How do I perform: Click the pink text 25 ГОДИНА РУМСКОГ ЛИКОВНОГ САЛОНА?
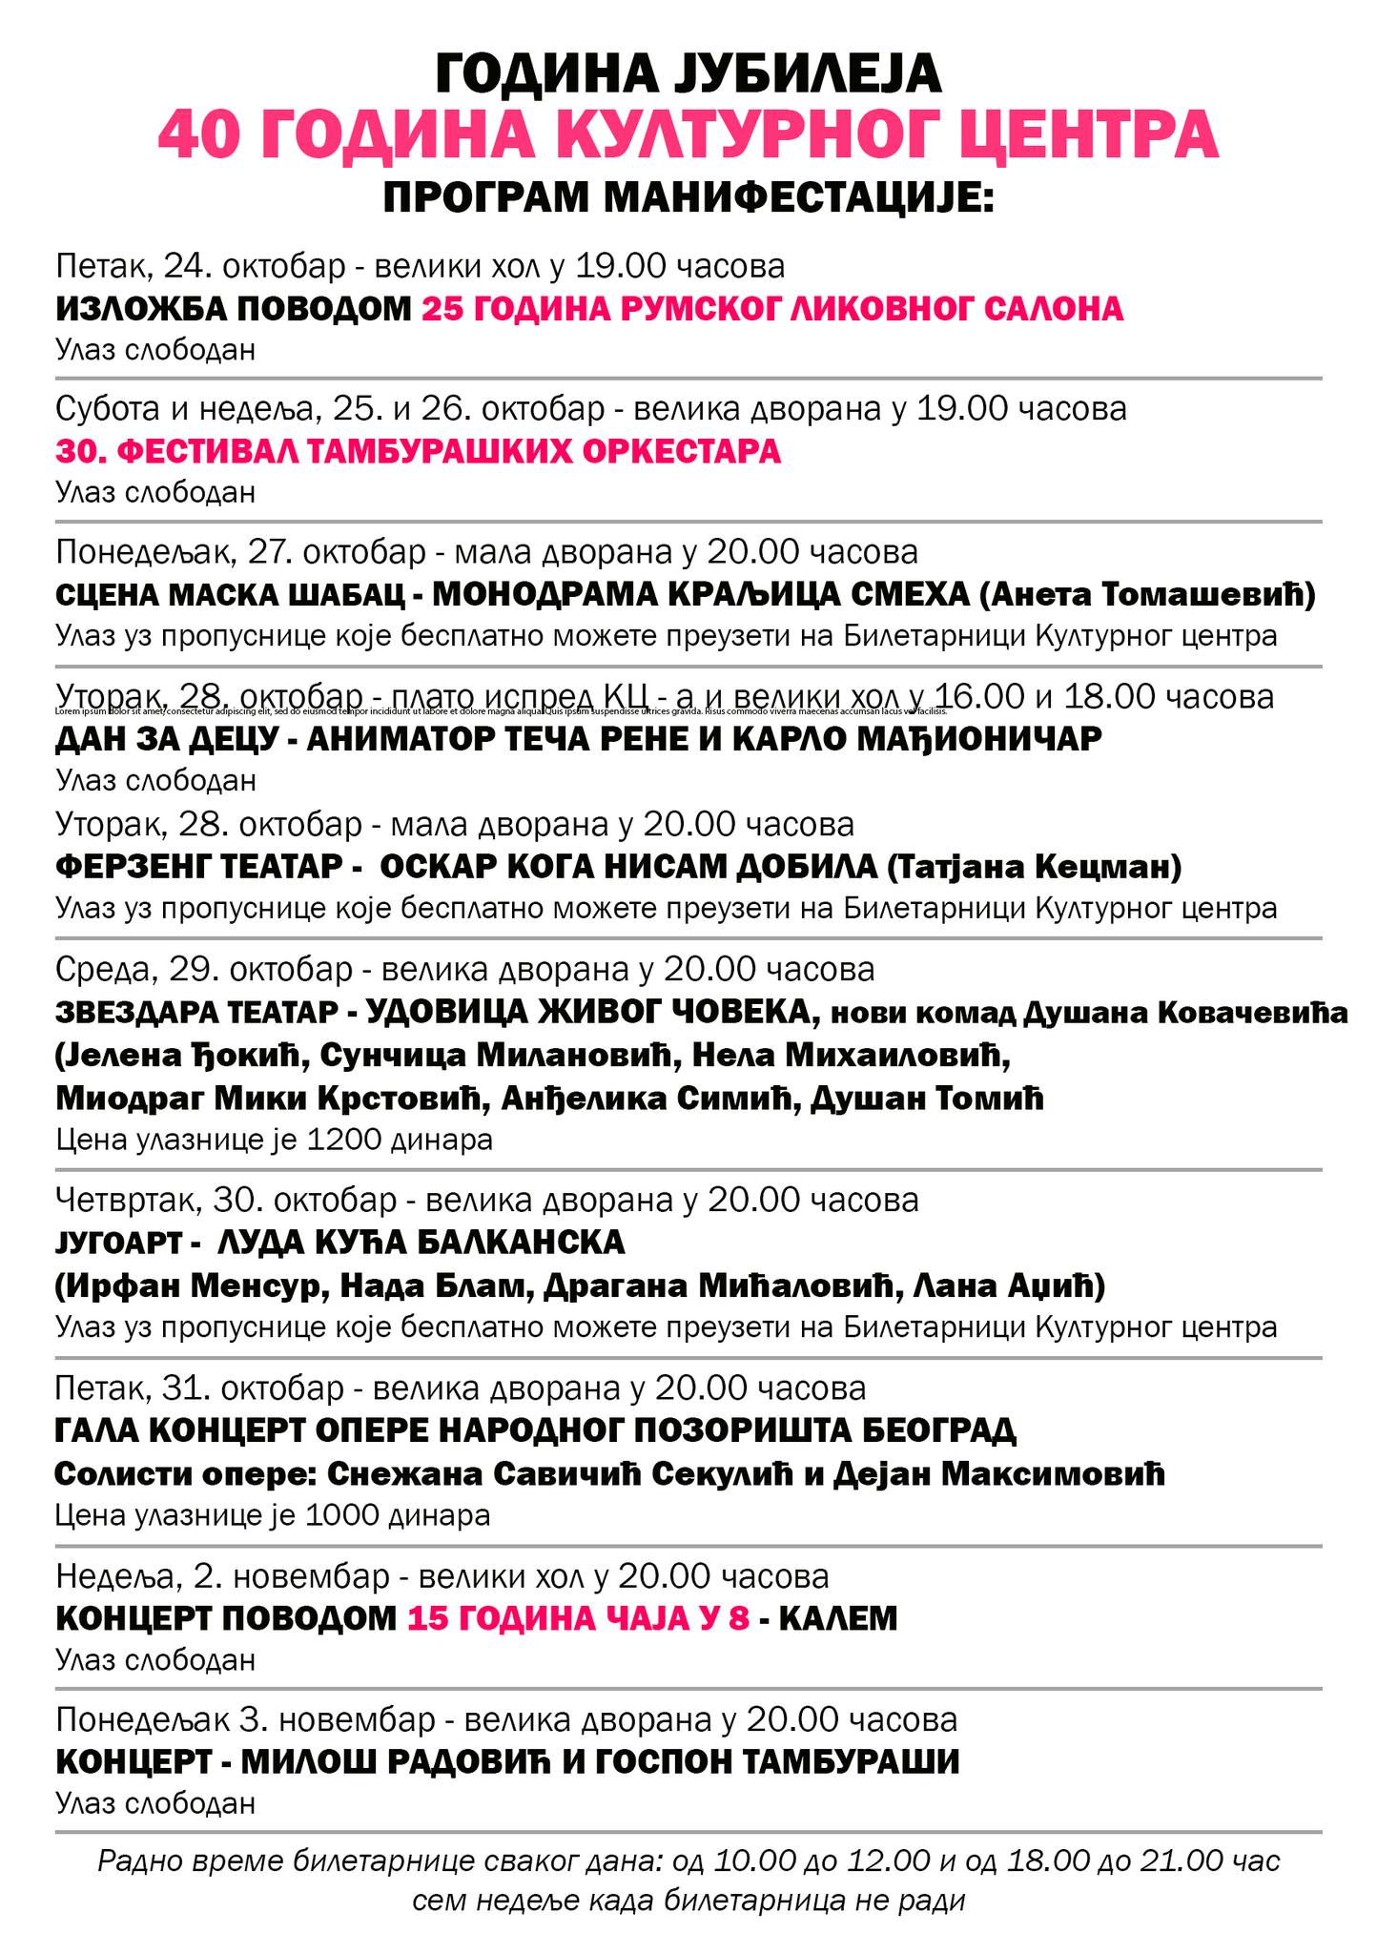(x=772, y=309)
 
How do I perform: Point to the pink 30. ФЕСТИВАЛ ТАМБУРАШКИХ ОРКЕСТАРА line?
(x=418, y=451)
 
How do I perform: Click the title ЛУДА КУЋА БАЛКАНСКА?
(x=421, y=1243)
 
